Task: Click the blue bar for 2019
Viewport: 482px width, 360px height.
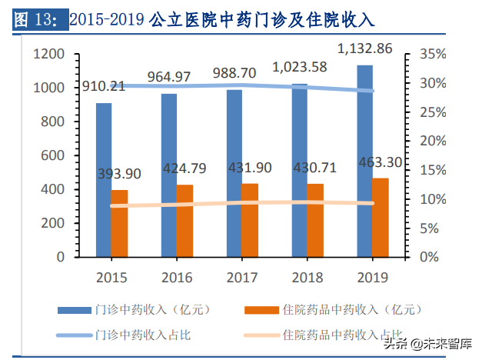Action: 365,161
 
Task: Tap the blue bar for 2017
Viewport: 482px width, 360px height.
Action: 234,173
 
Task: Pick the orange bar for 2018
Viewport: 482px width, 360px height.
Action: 316,220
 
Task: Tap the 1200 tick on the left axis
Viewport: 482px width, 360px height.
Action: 47,55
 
